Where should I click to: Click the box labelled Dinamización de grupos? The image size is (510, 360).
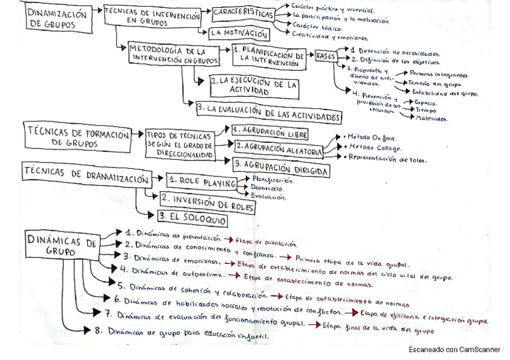58,19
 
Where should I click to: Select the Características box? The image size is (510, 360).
243,13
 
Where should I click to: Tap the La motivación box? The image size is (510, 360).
239,34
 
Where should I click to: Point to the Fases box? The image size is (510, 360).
326,56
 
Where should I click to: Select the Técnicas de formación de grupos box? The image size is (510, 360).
78,138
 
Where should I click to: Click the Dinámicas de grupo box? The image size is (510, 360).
61,246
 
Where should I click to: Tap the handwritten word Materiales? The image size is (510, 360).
432,118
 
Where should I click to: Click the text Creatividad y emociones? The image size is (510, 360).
322,36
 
